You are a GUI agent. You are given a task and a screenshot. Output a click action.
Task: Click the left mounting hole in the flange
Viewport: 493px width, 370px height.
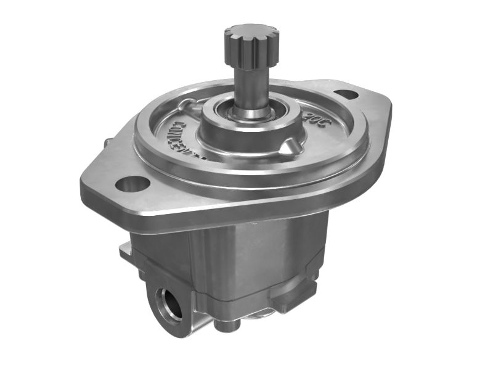(132, 183)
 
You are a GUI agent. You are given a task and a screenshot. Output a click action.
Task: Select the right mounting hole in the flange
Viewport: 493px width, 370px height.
(346, 94)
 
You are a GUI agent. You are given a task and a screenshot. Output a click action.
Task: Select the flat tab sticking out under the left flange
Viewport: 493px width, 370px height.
(125, 250)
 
